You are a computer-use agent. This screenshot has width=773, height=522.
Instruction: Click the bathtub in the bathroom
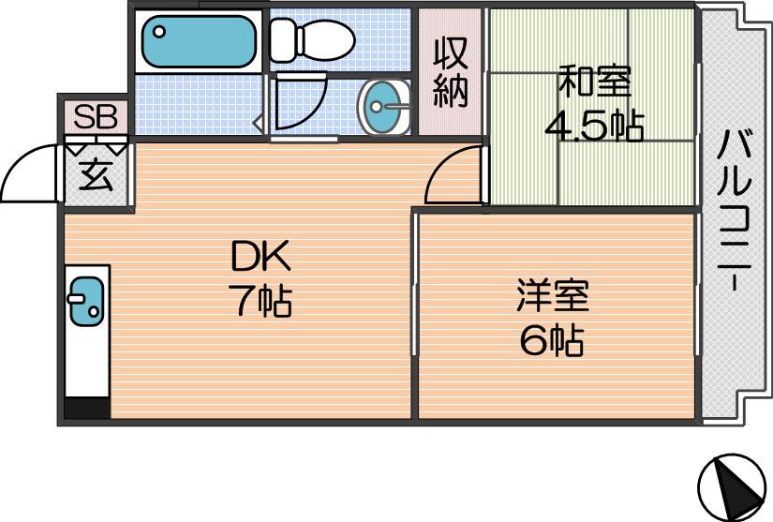[199, 41]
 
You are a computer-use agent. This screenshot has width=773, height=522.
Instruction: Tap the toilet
[313, 40]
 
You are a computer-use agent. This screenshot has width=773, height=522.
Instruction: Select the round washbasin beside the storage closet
[384, 107]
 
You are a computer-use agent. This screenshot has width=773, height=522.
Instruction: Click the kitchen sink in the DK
[86, 301]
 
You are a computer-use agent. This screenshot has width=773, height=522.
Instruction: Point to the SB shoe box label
[96, 117]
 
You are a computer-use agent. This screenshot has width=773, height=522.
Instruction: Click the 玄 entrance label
[97, 175]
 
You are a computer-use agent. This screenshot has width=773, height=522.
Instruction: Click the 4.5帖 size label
[595, 126]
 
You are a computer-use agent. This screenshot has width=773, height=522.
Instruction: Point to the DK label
[261, 255]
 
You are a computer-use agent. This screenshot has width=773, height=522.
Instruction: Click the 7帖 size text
[262, 300]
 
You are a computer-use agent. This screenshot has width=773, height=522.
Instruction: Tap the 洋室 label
[553, 295]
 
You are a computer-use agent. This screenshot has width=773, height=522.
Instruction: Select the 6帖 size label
[552, 340]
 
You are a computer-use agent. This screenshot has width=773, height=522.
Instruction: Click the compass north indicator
[732, 485]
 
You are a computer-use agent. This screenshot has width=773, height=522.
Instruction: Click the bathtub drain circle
[158, 32]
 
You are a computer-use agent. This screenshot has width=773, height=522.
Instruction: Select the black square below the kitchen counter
[87, 409]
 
